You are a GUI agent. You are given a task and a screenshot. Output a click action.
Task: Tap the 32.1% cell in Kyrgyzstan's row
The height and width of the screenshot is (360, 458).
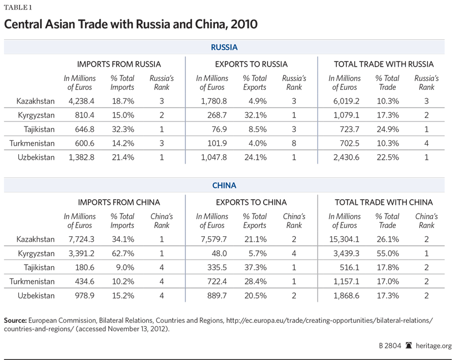point(255,115)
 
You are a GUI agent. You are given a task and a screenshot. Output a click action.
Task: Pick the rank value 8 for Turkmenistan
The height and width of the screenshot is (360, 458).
point(294,143)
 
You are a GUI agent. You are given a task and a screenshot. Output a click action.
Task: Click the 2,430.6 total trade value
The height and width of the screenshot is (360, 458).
point(344,157)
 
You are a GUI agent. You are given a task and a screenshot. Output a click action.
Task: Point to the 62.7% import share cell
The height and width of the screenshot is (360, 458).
point(122,253)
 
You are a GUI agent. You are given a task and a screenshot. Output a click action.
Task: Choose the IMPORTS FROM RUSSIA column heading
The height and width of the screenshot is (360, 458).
point(119,64)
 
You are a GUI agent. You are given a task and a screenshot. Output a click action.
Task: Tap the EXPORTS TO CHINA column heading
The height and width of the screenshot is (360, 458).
point(251,202)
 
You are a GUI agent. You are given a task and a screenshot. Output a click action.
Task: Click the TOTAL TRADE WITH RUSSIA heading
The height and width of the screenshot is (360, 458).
point(384,64)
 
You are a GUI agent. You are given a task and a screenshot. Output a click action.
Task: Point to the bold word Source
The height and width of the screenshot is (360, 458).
point(15,321)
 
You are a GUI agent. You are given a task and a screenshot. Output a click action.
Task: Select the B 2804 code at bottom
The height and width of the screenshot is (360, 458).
point(387,346)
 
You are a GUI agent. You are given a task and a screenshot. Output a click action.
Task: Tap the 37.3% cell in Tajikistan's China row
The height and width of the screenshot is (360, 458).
point(255,267)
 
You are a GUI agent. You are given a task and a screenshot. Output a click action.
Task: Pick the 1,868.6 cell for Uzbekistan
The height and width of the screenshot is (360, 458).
point(344,295)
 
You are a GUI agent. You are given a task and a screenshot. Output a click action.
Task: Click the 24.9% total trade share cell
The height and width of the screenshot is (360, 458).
point(387,129)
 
